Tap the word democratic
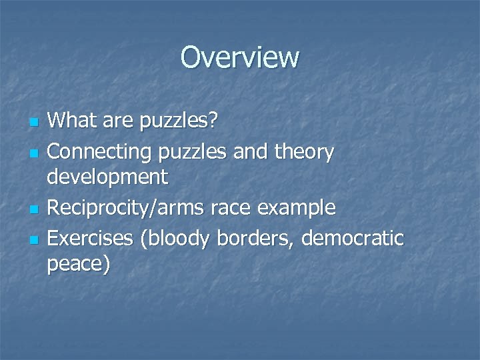coord(354,237)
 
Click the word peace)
coord(79,265)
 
